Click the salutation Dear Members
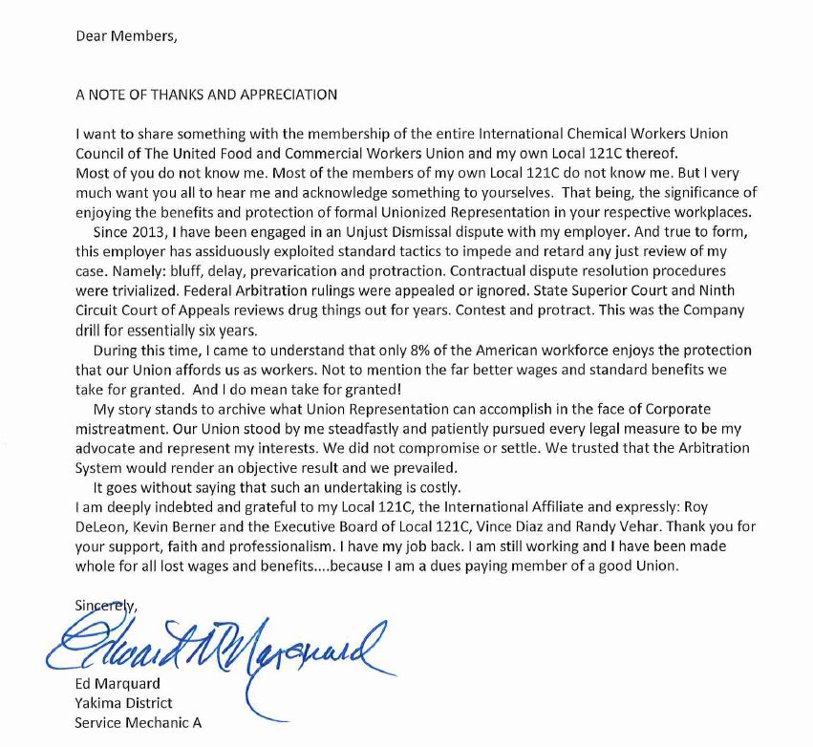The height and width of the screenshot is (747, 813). (126, 37)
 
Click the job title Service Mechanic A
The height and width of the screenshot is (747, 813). (138, 722)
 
